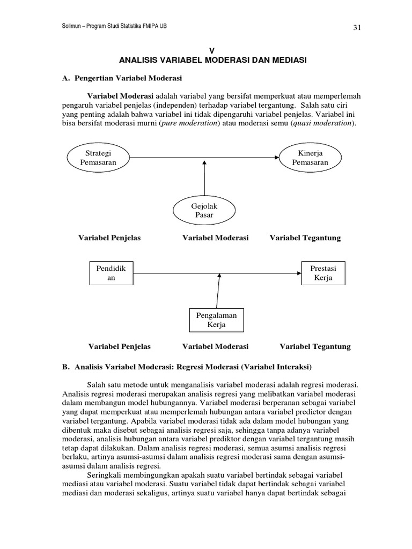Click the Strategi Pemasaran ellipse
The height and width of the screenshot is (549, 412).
tap(98, 157)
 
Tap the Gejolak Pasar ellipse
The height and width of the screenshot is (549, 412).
tap(204, 211)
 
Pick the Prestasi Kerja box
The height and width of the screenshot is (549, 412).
tap(322, 272)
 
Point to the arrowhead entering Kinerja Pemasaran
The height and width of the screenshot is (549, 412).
tap(277, 157)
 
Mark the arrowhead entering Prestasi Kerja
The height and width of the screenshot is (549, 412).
tap(296, 273)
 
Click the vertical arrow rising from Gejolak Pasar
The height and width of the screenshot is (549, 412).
tap(204, 179)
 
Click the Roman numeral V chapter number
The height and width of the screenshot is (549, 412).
tap(212, 50)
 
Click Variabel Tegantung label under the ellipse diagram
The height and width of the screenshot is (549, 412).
tap(305, 238)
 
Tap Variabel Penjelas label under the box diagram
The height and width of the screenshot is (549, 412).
tap(119, 346)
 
